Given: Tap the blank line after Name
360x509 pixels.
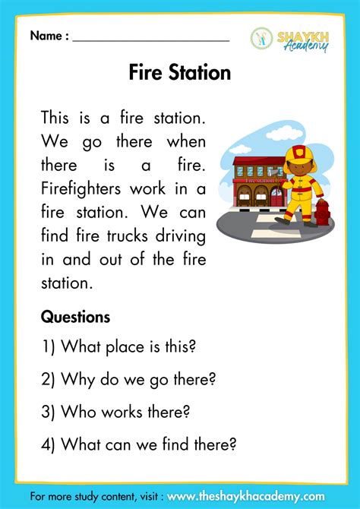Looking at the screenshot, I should click(x=151, y=36).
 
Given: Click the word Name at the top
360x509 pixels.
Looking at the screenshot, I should click(x=47, y=36).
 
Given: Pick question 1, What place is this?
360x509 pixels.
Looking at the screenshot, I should click(x=118, y=346).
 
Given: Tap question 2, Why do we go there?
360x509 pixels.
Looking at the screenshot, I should click(x=128, y=379).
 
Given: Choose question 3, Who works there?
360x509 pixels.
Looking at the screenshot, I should click(x=115, y=412).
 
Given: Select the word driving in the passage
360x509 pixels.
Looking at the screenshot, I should click(x=181, y=236).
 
